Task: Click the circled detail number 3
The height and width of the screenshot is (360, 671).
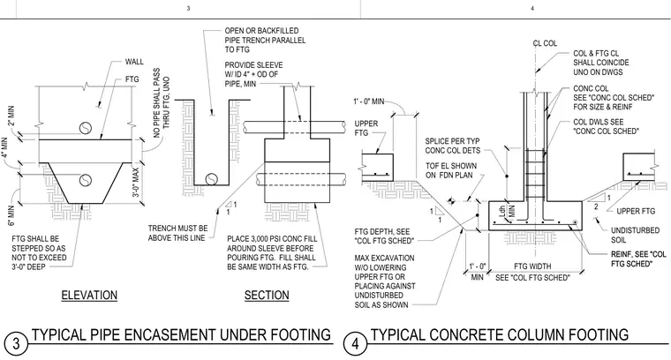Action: (x=16, y=344)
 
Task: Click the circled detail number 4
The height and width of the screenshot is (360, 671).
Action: (x=355, y=344)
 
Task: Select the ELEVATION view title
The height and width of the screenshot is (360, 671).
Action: (x=89, y=295)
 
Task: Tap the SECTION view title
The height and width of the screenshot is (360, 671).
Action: (x=267, y=295)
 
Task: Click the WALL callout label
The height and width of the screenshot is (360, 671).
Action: (x=134, y=62)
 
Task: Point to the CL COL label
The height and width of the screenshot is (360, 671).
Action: (x=545, y=43)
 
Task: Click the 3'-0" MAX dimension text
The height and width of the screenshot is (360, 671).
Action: (x=136, y=182)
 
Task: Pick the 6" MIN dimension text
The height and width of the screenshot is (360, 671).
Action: (x=11, y=216)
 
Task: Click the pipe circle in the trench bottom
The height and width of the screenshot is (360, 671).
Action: (x=211, y=179)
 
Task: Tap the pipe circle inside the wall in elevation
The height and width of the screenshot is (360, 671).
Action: (x=86, y=128)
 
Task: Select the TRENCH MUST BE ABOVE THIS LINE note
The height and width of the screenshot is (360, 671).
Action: (x=177, y=233)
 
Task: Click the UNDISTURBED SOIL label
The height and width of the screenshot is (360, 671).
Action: (x=635, y=236)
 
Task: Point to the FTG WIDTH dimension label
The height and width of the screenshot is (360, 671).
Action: (x=532, y=266)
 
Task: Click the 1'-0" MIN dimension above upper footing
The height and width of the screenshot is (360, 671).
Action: (x=368, y=101)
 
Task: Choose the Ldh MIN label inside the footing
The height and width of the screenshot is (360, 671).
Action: (x=507, y=211)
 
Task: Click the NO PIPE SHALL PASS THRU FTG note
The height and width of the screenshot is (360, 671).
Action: (x=161, y=102)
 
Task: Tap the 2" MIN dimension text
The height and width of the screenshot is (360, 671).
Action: (x=11, y=116)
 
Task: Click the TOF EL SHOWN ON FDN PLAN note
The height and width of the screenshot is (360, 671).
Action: (x=450, y=170)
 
